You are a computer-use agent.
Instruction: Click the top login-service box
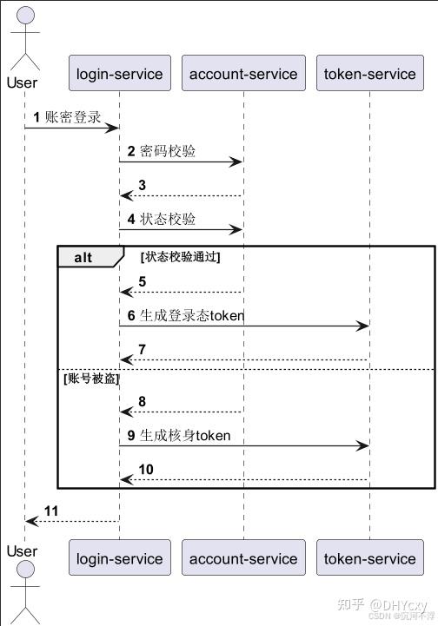coord(120,74)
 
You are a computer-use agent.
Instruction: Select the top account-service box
coord(243,74)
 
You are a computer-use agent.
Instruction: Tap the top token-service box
coord(369,74)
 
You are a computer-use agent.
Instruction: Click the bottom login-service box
coord(120,558)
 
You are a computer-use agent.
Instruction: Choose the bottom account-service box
coord(243,558)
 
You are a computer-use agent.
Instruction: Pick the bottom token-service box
coord(369,558)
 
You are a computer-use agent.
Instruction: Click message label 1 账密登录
coord(68,116)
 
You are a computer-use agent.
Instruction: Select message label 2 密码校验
coord(162,151)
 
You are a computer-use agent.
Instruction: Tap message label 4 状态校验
coord(162,220)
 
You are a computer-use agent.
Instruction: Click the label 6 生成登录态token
coord(186,316)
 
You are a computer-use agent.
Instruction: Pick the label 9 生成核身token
coord(179,435)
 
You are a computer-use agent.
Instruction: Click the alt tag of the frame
coord(84,257)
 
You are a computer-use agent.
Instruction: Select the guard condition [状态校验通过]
coord(180,257)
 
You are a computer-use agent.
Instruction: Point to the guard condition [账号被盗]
coord(90,379)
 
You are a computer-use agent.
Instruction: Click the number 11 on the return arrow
coord(51,511)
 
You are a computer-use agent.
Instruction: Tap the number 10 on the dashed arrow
coord(146,469)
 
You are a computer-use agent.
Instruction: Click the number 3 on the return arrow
coord(142,185)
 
